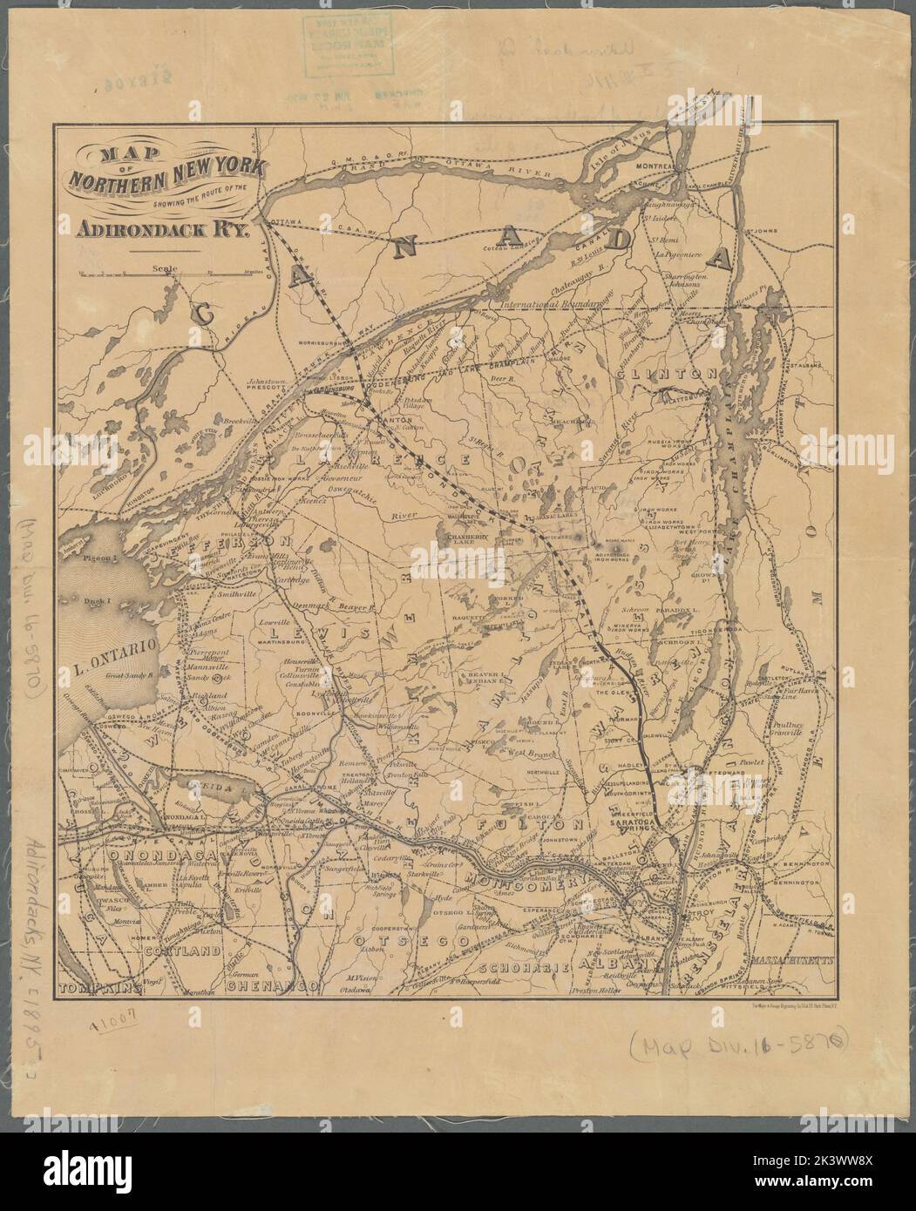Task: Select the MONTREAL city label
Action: click(657, 166)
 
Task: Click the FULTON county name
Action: click(521, 822)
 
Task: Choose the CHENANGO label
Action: click(270, 986)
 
